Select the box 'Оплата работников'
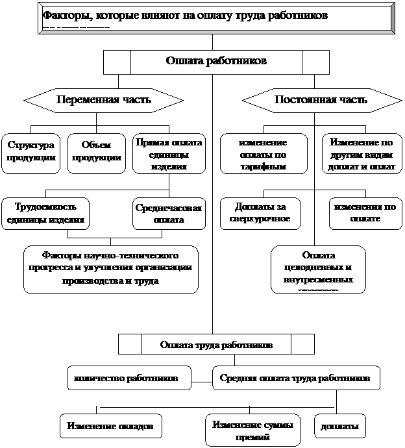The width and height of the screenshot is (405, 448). click(216, 62)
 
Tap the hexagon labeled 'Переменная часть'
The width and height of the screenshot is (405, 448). click(104, 100)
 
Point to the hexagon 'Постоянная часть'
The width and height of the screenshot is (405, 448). click(321, 100)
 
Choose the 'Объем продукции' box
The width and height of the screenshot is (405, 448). click(97, 153)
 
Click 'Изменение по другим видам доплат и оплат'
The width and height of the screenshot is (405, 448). click(361, 153)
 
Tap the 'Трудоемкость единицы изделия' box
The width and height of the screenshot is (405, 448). click(46, 213)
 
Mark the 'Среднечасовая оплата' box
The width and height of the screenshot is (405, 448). click(169, 214)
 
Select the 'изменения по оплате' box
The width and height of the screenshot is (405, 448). click(362, 214)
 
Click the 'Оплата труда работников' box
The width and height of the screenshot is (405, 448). click(216, 345)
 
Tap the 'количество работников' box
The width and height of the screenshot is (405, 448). click(129, 377)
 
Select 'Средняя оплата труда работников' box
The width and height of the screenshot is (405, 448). click(295, 377)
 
